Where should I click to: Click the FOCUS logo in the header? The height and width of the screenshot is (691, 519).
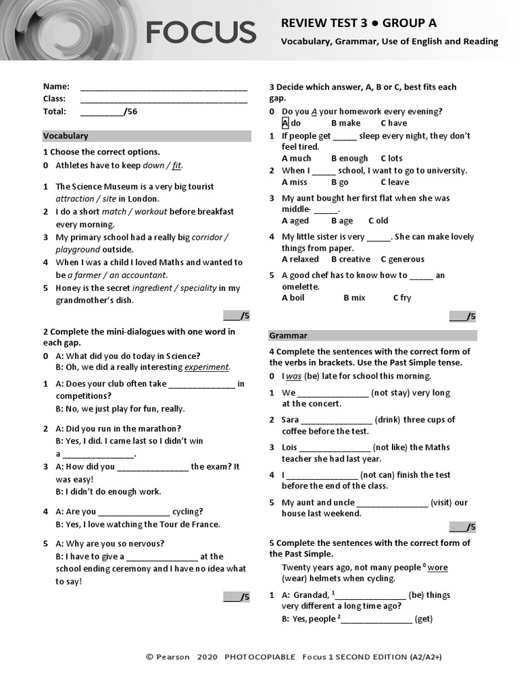200,32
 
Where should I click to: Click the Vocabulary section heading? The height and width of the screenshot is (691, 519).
66,136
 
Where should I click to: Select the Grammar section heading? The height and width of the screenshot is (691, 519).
289,335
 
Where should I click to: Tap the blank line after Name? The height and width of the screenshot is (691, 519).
164,87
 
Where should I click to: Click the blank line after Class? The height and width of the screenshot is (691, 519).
164,99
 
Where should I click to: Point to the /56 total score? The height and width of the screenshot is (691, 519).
131,111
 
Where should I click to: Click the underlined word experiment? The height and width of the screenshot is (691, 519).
207,368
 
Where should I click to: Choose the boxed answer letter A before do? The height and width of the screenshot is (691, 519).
285,123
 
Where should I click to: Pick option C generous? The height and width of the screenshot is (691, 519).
402,259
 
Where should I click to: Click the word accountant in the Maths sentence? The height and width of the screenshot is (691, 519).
142,275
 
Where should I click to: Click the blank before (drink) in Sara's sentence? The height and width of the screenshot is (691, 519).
337,420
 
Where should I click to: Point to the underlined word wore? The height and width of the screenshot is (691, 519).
437,568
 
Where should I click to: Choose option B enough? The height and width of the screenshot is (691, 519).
349,159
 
